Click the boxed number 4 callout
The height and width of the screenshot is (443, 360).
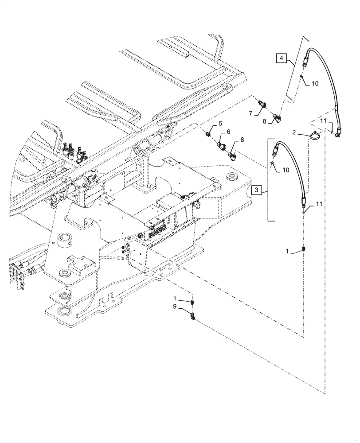click(282, 58)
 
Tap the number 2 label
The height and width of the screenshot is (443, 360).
click(294, 132)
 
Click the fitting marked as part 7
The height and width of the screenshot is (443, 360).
click(263, 105)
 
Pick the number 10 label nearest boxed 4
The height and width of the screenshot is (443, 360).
click(315, 83)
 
